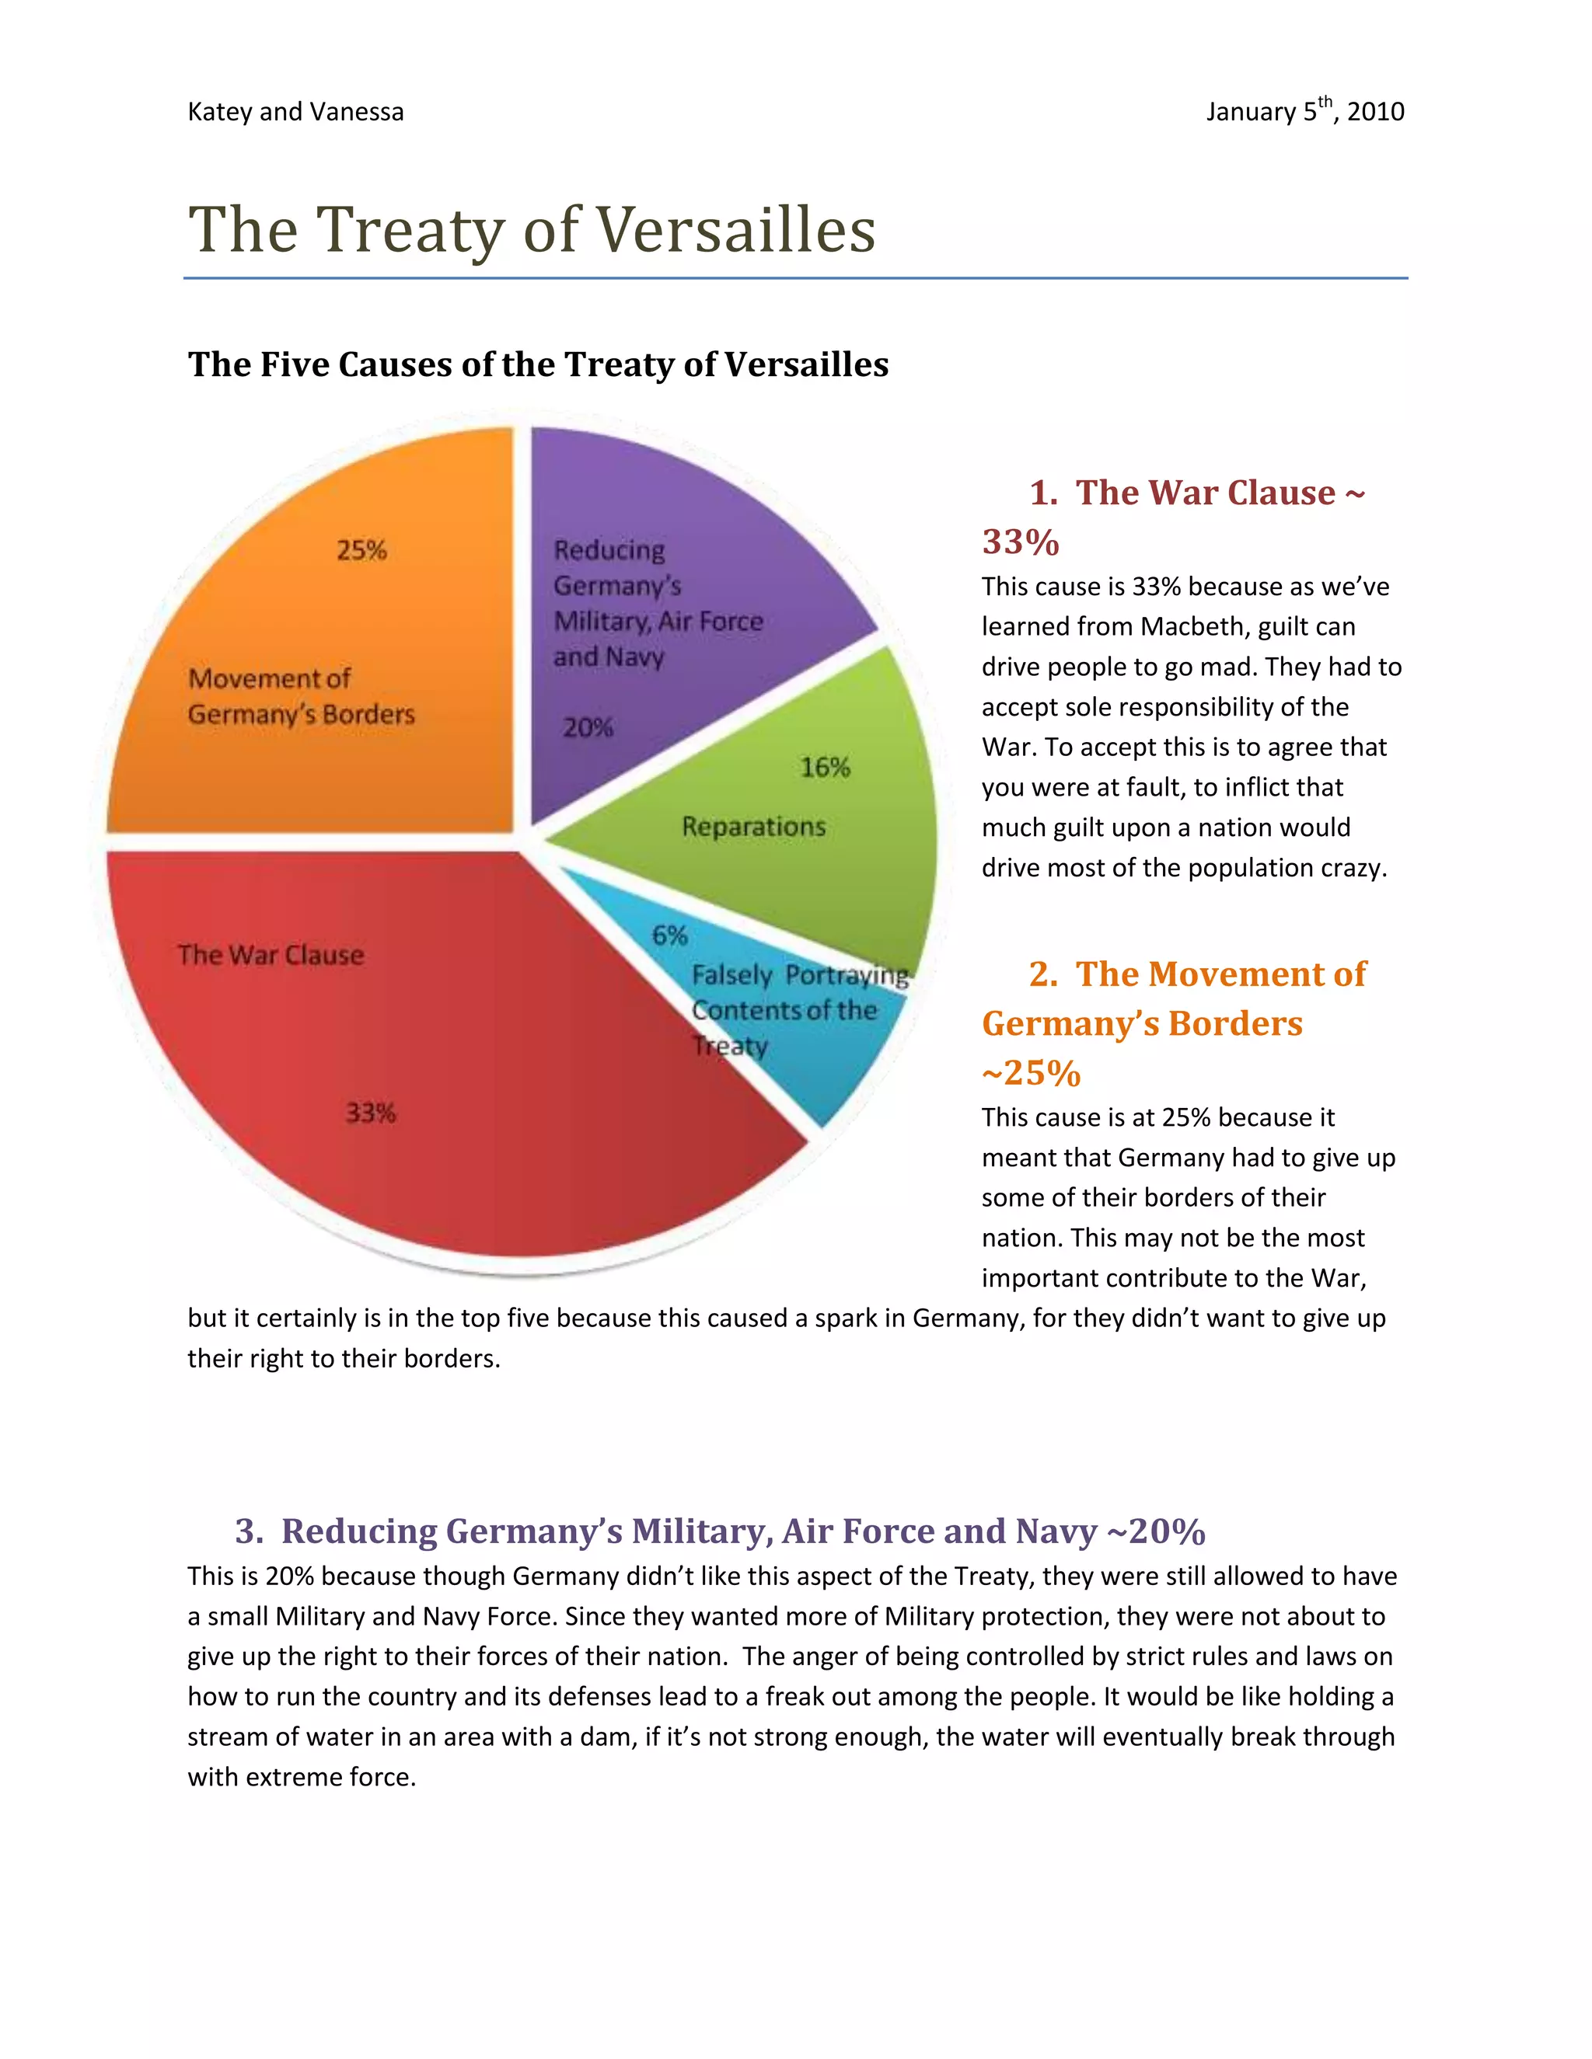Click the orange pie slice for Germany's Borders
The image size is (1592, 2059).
tap(311, 622)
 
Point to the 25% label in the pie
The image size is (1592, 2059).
tap(362, 551)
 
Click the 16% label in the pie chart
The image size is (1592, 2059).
tap(826, 768)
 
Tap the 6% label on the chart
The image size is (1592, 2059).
tap(669, 935)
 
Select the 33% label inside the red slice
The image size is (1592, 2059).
tap(371, 1113)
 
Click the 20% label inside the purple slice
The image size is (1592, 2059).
tap(588, 728)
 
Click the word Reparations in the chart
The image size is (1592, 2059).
tap(753, 827)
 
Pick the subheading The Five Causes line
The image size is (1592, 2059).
tap(538, 365)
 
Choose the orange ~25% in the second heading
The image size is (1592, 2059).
tap(1031, 1073)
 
